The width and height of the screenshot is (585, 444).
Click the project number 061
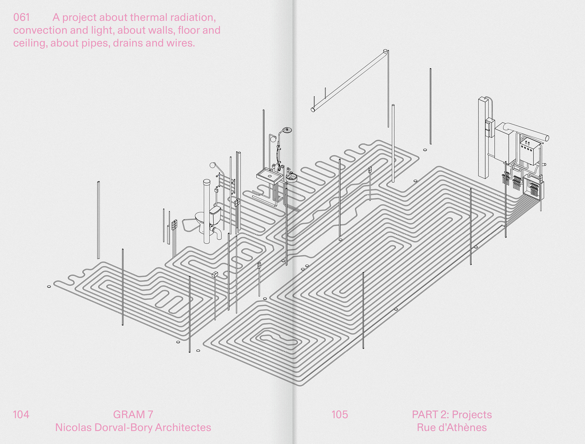coord(21,18)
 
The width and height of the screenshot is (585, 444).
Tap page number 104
coord(21,414)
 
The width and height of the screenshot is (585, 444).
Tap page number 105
coord(340,414)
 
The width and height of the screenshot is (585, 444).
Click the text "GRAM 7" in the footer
coord(133,414)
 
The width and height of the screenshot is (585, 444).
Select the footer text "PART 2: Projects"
coord(452,414)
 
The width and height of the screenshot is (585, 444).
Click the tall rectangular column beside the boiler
coord(483,138)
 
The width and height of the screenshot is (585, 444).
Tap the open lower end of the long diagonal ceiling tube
coord(313,110)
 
